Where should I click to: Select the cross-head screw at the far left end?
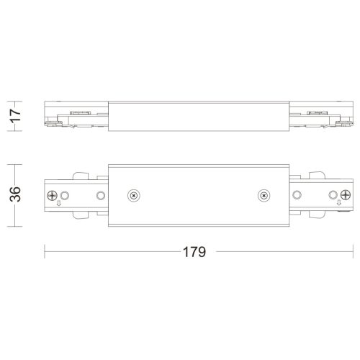click(52, 195)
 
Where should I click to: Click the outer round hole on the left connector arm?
click(65, 195)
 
